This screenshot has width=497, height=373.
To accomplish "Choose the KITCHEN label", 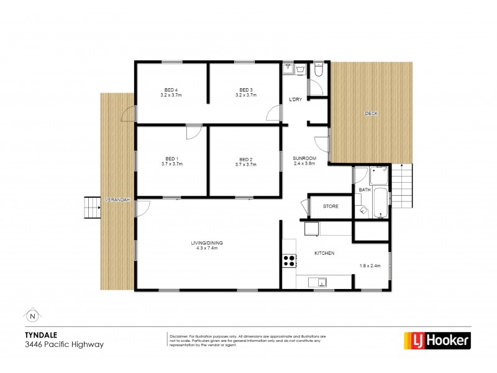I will (x=324, y=253).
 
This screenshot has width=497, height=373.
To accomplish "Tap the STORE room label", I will (x=331, y=206).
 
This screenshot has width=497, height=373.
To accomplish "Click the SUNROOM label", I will (x=304, y=159).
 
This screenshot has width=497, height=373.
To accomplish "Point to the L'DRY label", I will (x=296, y=100).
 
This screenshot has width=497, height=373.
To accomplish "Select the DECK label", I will (x=371, y=113).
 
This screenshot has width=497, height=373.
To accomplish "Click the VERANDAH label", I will (x=117, y=200).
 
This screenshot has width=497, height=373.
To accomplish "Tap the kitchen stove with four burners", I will (x=290, y=261).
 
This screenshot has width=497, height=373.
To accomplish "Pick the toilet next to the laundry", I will (x=318, y=71).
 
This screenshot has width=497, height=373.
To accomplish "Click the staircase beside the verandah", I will (x=92, y=207).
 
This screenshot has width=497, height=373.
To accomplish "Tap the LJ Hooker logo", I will (x=437, y=340).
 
